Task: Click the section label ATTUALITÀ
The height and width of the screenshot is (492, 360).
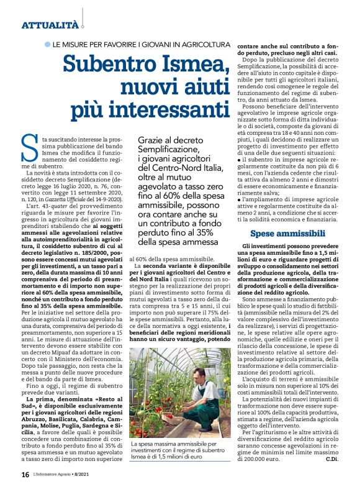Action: (50, 25)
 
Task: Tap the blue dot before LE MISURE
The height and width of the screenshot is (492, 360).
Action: (47, 46)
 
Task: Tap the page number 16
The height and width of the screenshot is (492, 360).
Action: (25, 475)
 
